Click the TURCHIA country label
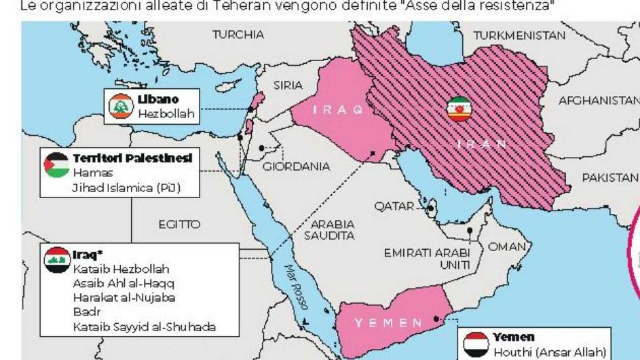[238, 35]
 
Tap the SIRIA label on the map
[287, 85]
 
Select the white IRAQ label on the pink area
[338, 110]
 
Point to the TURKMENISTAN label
[519, 36]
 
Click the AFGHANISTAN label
[598, 101]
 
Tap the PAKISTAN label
[610, 178]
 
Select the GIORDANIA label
[296, 167]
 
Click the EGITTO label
[179, 225]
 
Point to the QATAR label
[394, 206]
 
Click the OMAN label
[507, 247]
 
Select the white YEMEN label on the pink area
[388, 323]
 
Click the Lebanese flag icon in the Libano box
[121, 106]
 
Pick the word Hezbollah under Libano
[166, 114]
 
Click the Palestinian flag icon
[56, 165]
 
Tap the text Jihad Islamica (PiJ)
[126, 188]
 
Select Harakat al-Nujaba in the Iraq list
[124, 298]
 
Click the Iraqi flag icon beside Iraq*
[57, 260]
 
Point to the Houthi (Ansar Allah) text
[549, 352]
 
